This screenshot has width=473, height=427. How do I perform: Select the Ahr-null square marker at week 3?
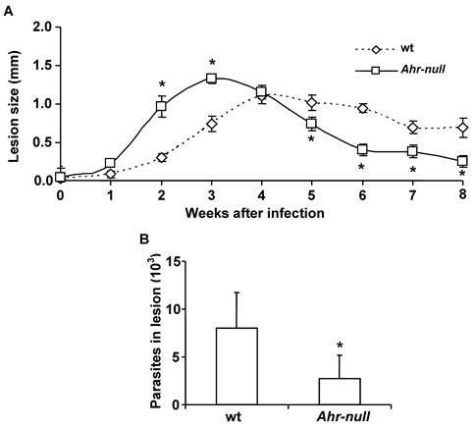(x=211, y=79)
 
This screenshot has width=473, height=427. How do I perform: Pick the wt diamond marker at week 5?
(x=311, y=102)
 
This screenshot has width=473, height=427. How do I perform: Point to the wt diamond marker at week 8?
(x=462, y=127)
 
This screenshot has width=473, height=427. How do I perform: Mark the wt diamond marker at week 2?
(x=161, y=157)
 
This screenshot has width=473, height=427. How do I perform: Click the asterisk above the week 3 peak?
(x=211, y=63)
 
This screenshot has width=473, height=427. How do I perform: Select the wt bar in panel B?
(x=237, y=366)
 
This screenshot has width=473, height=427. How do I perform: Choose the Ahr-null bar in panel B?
(x=341, y=391)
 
